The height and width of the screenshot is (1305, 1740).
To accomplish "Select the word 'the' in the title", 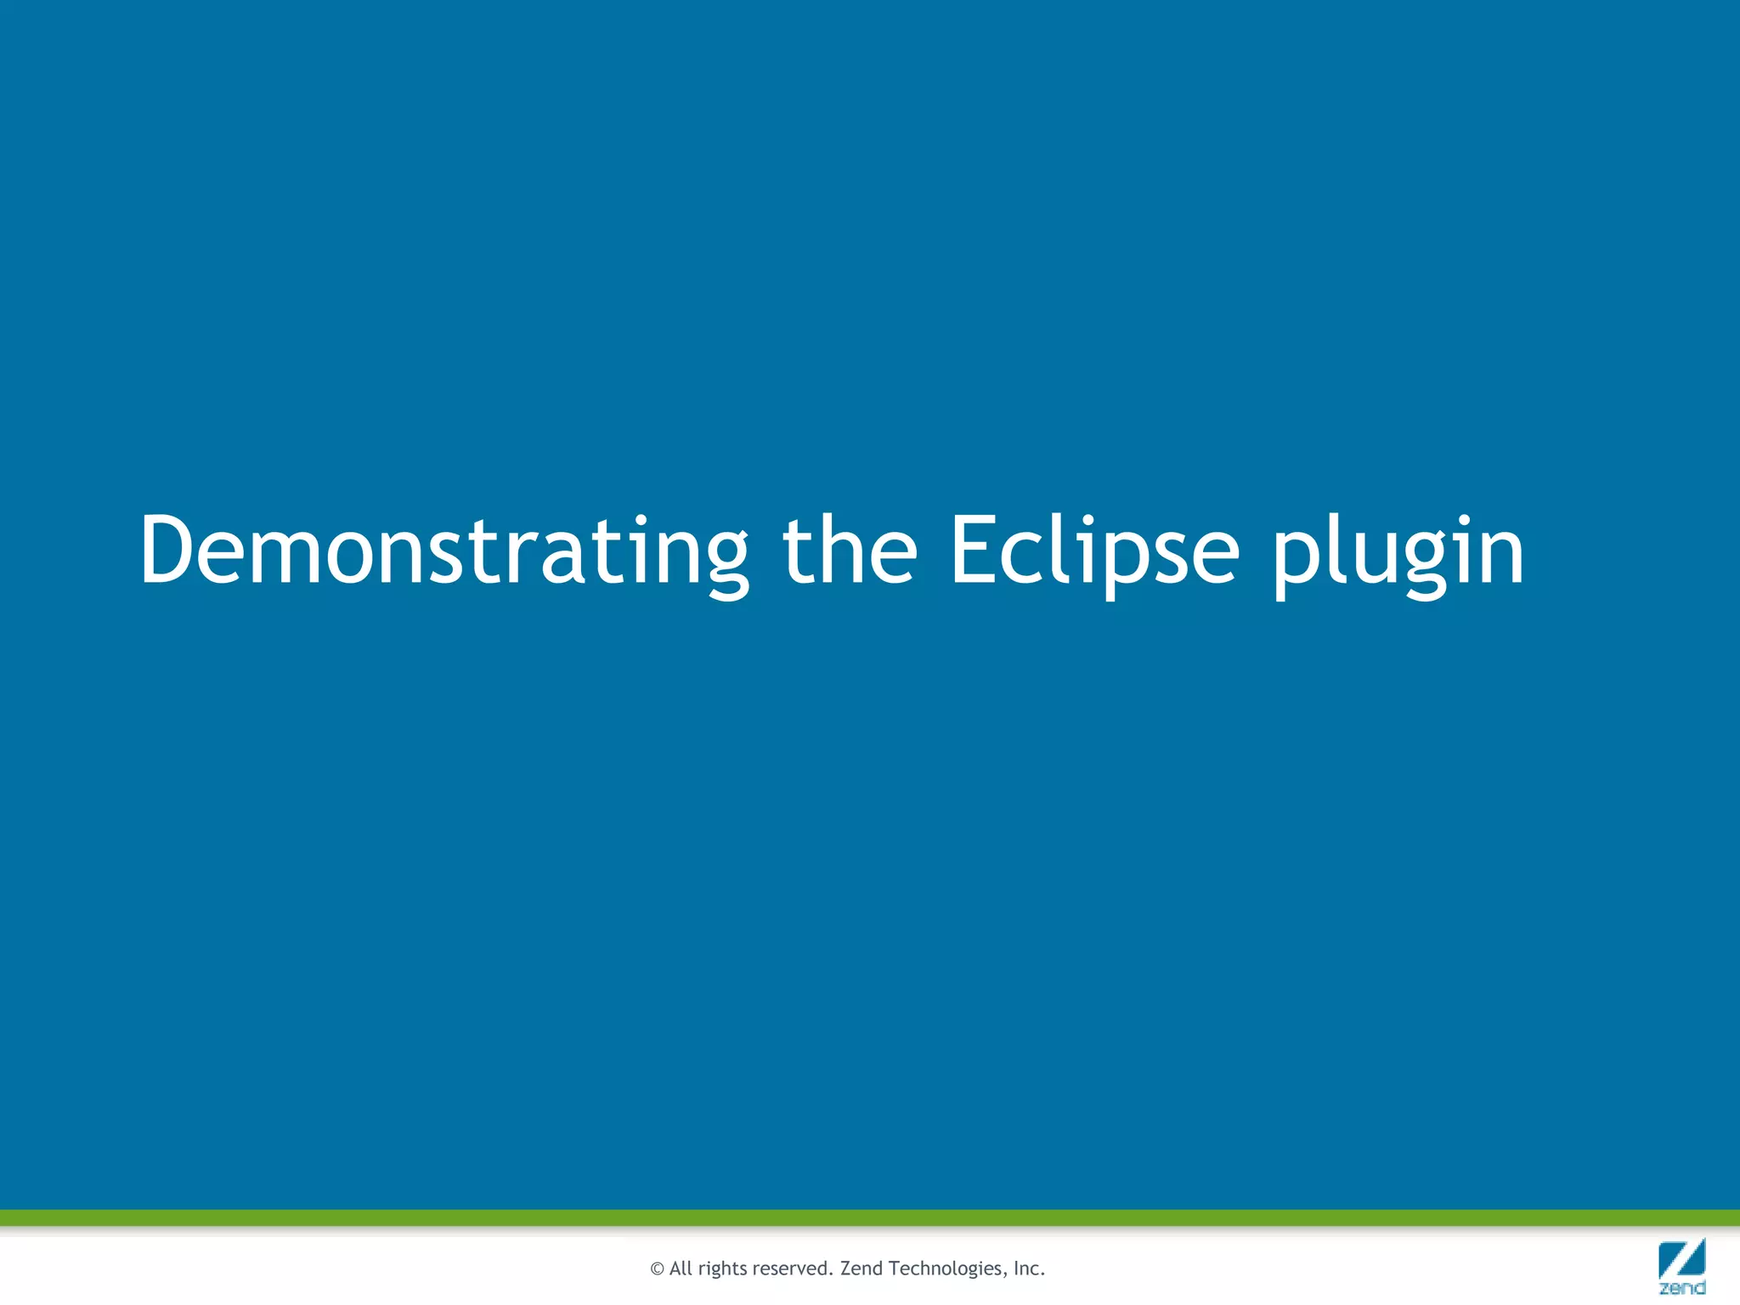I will [x=849, y=552].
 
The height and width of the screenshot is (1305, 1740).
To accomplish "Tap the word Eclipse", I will [x=1093, y=552].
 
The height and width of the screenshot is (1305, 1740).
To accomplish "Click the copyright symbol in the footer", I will [x=657, y=1269].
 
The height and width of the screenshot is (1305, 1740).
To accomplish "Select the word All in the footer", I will [x=681, y=1268].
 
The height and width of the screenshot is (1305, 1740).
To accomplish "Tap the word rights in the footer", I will [x=722, y=1269].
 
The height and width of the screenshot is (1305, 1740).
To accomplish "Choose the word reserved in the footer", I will [x=793, y=1268].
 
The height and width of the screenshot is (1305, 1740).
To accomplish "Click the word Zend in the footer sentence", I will [x=861, y=1268].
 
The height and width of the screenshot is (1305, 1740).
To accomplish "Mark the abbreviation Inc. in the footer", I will [x=1028, y=1268].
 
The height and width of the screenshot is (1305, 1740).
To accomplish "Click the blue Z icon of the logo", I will [x=1681, y=1258].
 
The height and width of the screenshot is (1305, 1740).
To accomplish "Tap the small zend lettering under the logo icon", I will [x=1681, y=1288].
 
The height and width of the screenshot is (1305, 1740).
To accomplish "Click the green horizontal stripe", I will [x=870, y=1217].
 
